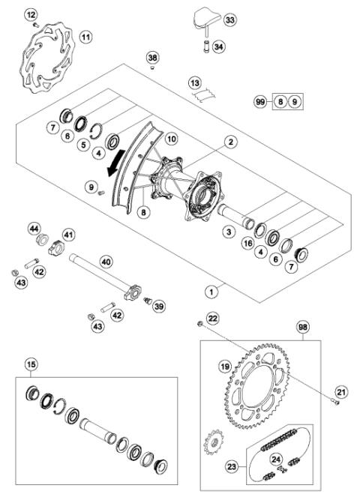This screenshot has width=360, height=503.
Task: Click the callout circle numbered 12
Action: click(x=31, y=15)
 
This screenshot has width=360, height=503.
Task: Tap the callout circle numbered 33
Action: click(x=229, y=19)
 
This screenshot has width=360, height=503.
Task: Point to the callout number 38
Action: click(x=152, y=57)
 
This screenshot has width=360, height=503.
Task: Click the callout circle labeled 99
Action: click(x=260, y=101)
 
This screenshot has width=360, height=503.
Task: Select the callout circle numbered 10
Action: click(x=172, y=139)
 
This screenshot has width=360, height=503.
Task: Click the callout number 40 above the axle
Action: click(x=106, y=262)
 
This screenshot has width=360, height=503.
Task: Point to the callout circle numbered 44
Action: click(x=34, y=227)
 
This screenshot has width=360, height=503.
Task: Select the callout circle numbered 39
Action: click(x=158, y=307)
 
